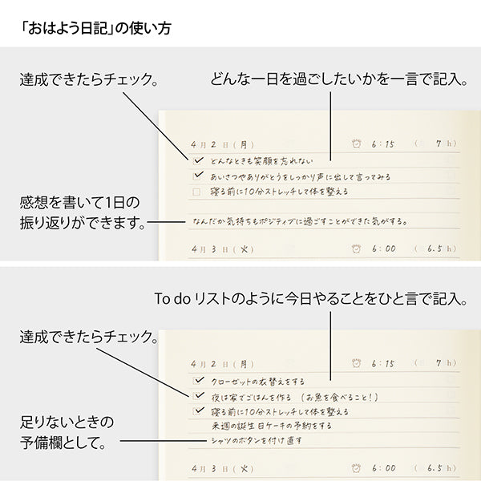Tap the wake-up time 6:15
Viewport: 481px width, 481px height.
(384, 144)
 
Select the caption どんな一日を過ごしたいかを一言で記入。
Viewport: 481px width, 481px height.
(338, 80)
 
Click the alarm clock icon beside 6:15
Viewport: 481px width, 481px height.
(357, 144)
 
